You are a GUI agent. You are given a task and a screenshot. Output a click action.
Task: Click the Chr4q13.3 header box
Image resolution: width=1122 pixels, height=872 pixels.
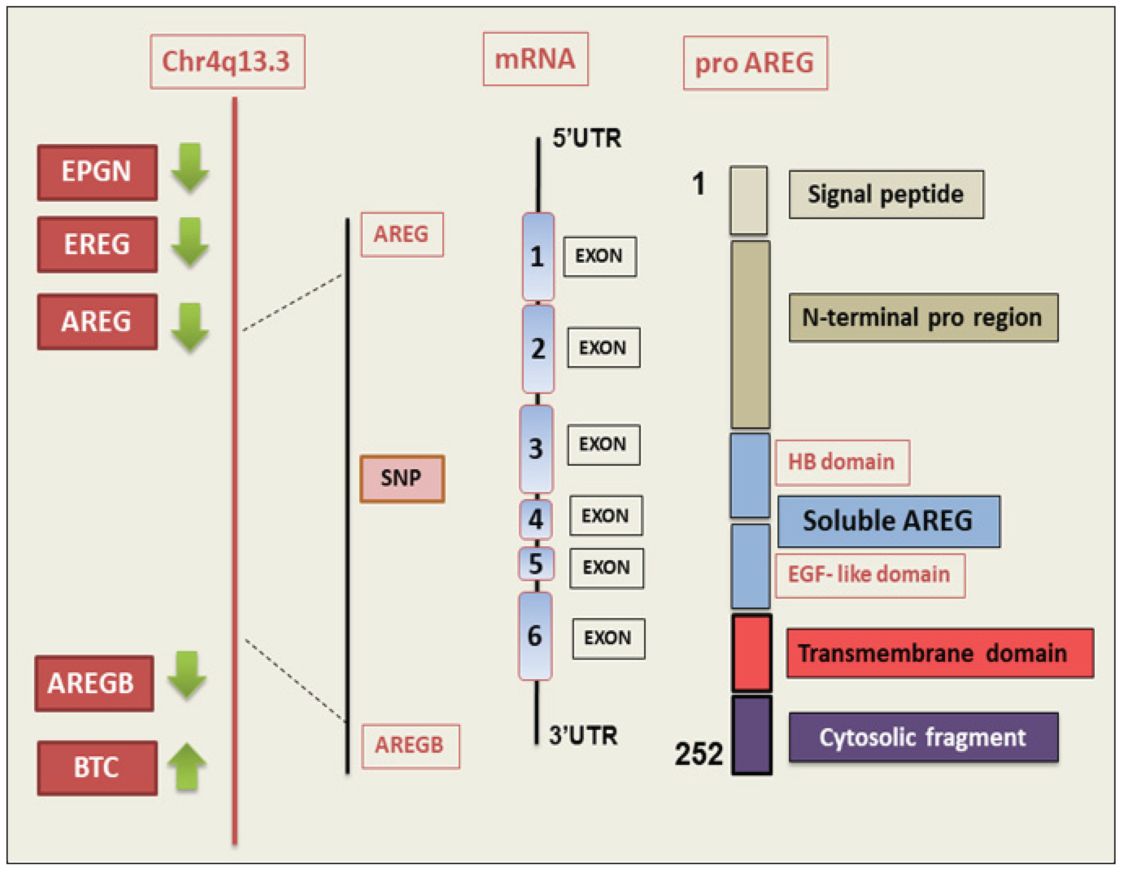click(227, 62)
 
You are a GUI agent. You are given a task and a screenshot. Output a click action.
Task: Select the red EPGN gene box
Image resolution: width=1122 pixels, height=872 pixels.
click(97, 172)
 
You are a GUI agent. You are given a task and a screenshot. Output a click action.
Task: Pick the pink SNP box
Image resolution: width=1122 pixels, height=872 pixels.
click(402, 478)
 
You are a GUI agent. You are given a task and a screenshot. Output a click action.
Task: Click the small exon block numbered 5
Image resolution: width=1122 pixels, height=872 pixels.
click(536, 564)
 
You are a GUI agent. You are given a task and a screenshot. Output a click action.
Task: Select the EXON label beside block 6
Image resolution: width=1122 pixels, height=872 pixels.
click(608, 638)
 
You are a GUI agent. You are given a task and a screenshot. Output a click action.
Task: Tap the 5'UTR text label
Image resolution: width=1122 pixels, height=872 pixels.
click(587, 139)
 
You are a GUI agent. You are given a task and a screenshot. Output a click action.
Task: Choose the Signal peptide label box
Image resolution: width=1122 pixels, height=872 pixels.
click(886, 194)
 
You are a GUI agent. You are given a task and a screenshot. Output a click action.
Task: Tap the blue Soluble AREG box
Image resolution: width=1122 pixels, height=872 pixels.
click(888, 521)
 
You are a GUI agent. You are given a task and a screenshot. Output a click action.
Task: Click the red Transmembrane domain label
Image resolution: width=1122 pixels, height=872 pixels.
click(939, 653)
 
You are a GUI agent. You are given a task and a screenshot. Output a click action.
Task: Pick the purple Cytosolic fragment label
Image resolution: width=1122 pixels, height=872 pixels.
click(923, 737)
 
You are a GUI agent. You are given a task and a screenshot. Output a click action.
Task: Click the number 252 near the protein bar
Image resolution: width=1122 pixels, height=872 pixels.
click(699, 754)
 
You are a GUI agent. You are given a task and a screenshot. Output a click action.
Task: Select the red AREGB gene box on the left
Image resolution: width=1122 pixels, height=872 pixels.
click(94, 683)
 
